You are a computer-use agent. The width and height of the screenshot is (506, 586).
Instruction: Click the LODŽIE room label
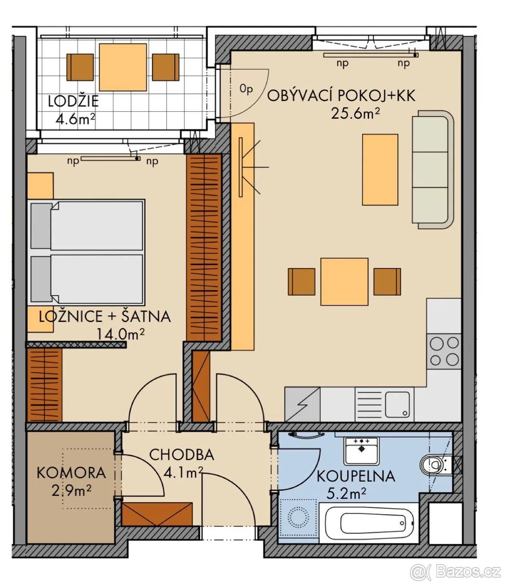tap(73, 102)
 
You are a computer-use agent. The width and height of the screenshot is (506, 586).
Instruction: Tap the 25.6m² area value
tap(355, 114)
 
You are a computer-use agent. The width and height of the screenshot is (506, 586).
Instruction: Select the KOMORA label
tap(71, 473)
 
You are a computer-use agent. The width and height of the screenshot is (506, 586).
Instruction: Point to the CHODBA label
tap(182, 455)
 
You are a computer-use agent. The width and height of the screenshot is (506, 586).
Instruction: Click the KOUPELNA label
tap(356, 476)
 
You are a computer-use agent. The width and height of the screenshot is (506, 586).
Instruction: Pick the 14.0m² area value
tap(121, 334)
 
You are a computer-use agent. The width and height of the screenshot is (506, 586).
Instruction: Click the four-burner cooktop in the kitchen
tap(444, 351)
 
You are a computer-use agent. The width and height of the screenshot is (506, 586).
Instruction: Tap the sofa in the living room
tap(433, 169)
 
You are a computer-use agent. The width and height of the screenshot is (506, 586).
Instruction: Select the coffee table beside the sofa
tap(380, 169)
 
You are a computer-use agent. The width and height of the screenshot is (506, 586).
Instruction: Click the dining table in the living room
tap(344, 281)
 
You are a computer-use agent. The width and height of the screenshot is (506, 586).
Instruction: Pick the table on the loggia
tap(123, 67)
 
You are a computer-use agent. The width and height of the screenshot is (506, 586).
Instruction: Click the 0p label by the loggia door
tap(246, 89)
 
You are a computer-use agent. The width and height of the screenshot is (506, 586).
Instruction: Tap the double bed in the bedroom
tap(86, 252)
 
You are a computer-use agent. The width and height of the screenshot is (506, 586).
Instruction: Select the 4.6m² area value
tap(75, 119)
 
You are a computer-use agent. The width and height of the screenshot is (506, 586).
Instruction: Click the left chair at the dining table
tap(302, 281)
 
